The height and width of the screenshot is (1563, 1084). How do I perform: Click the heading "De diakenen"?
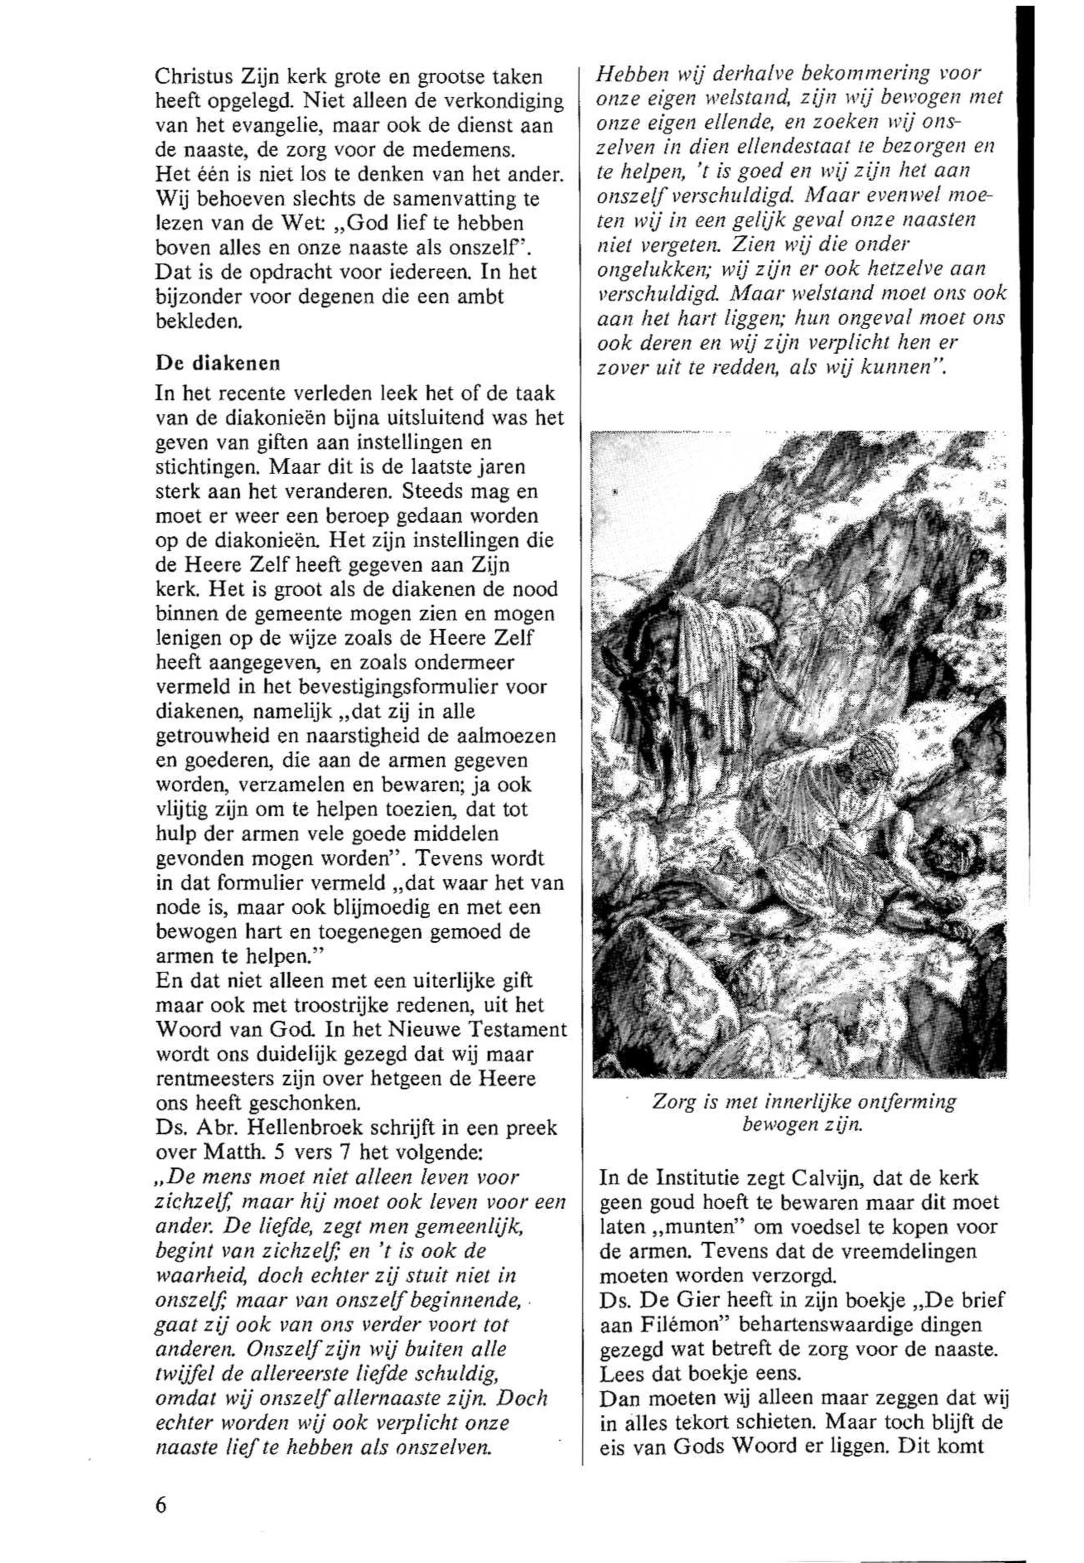(x=217, y=363)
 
